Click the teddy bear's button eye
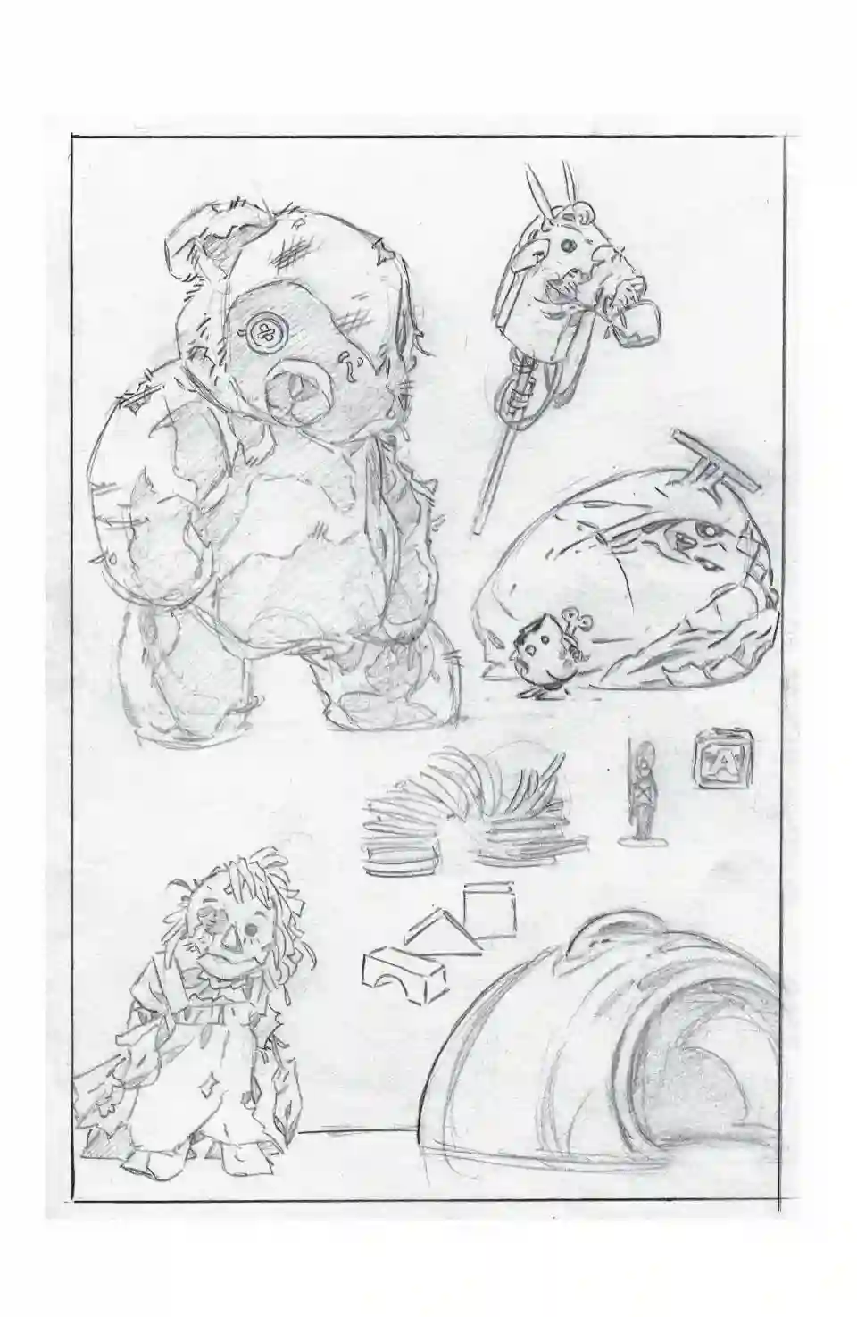click(265, 333)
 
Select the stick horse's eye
click(565, 243)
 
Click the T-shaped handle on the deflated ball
click(710, 454)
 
